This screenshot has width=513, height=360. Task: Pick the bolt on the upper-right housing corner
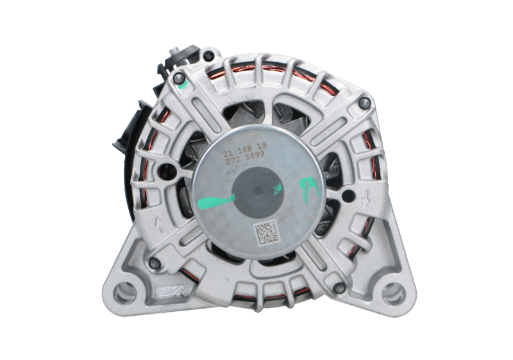(364, 102)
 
